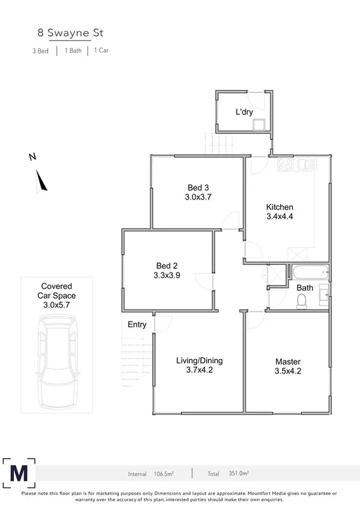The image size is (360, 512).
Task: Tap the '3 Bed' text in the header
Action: click(41, 52)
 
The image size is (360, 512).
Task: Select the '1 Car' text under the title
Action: click(101, 52)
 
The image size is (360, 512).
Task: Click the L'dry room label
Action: click(244, 112)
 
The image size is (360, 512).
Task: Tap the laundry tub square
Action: click(260, 125)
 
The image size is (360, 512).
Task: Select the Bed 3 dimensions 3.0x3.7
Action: click(198, 197)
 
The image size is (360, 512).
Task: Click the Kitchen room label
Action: click(279, 206)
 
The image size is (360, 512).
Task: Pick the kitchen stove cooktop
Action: click(285, 164)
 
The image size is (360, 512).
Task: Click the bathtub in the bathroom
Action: click(309, 271)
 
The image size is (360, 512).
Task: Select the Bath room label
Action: click(304, 288)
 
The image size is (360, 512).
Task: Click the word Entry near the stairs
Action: click(137, 325)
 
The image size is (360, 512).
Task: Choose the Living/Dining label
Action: click(198, 361)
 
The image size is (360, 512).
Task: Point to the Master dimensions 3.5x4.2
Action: click(288, 372)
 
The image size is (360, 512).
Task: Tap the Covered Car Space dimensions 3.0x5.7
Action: click(57, 305)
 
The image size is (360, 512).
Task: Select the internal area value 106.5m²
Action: click(164, 474)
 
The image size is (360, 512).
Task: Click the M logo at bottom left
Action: click(19, 471)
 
